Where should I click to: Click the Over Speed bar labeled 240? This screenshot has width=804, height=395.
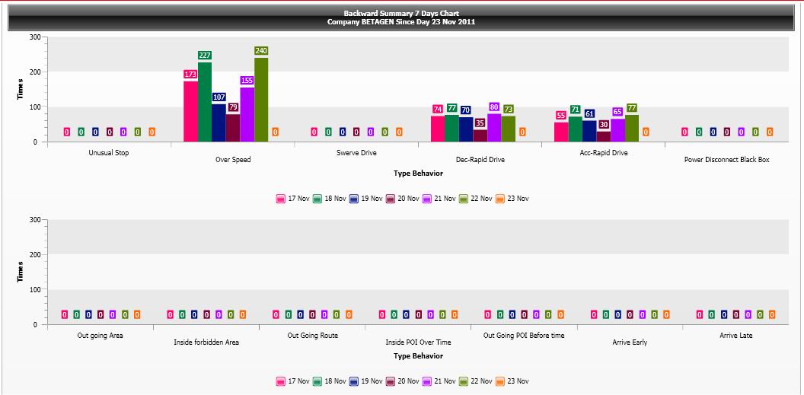[261, 100]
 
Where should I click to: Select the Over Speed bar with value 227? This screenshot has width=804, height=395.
[205, 102]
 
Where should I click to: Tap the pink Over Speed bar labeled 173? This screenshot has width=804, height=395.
[190, 111]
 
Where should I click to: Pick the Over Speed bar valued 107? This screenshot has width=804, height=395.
[219, 123]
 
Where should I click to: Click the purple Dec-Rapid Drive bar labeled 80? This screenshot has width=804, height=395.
[494, 128]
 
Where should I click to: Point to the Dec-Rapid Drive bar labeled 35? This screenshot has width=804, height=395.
[480, 135]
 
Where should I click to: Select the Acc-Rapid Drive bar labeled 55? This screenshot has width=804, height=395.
[561, 132]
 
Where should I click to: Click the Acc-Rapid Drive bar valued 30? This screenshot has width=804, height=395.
[603, 136]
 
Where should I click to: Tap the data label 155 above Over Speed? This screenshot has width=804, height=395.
[247, 80]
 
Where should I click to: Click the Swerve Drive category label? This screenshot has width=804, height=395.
[356, 153]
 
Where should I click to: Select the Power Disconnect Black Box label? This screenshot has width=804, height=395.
[726, 160]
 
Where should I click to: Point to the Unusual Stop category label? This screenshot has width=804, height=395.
[109, 153]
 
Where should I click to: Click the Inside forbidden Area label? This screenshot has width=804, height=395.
[206, 342]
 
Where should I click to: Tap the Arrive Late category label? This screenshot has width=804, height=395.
[735, 336]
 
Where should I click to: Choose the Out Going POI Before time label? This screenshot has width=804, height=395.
[524, 336]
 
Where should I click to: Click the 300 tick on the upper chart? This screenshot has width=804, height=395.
[35, 37]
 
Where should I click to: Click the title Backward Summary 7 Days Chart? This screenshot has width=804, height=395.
[401, 14]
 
